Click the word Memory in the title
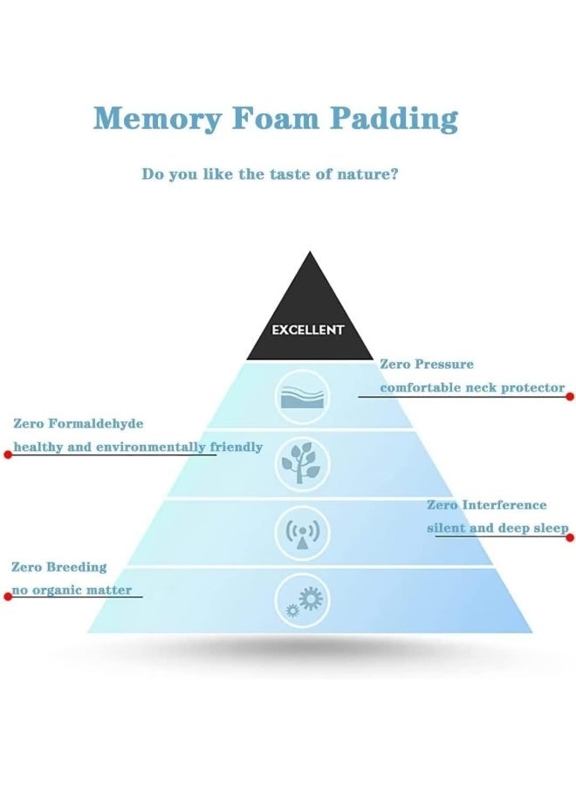point(157,119)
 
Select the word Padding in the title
point(394,119)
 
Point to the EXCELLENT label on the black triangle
point(308,330)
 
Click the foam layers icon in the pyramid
point(303,397)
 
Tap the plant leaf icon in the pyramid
point(302,464)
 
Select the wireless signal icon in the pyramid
point(302,533)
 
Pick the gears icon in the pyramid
point(303,600)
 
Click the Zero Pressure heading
point(427,364)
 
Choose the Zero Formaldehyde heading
point(79,424)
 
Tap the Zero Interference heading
point(487,505)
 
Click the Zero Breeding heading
point(59,567)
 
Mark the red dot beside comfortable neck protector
point(570,397)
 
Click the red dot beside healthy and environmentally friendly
point(8,454)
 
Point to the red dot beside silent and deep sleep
point(570,537)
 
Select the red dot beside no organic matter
point(8,597)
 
